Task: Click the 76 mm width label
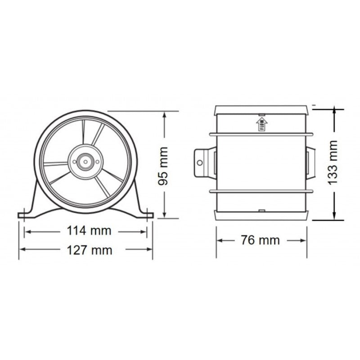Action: click(x=260, y=240)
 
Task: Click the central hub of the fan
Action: click(x=84, y=161)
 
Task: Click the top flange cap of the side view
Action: click(x=261, y=109)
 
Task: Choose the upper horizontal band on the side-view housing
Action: click(x=261, y=134)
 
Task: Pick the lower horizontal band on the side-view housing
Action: click(x=261, y=191)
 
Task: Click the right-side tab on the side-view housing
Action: click(x=310, y=163)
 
